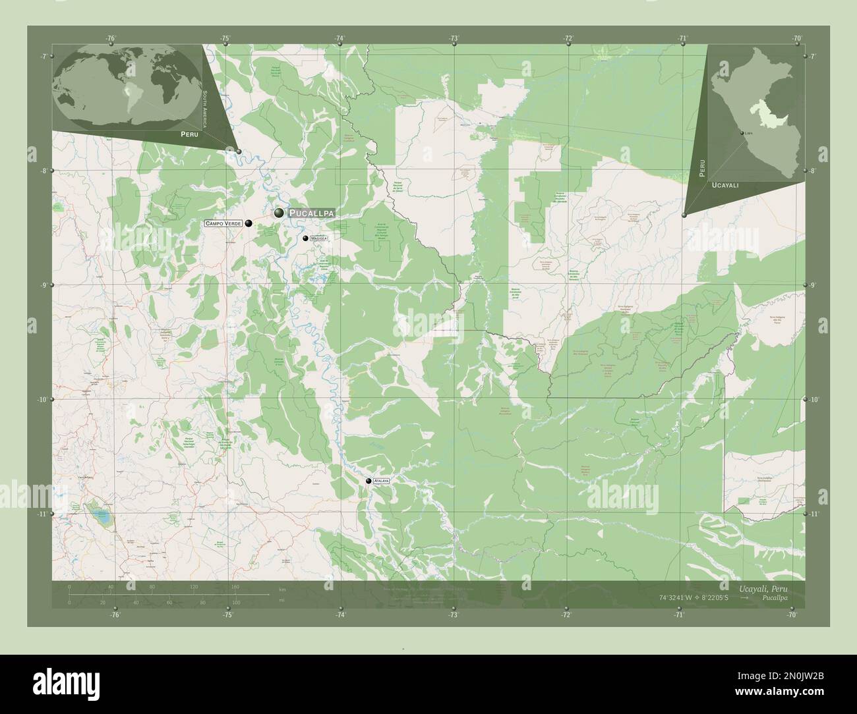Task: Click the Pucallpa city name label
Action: (312, 213)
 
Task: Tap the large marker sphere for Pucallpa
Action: (280, 213)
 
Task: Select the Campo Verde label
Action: (223, 224)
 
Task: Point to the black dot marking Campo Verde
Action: (249, 223)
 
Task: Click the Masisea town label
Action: (318, 238)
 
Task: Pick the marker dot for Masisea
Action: (305, 238)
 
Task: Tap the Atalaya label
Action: (381, 481)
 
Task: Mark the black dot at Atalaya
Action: (369, 481)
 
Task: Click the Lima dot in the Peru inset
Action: (742, 134)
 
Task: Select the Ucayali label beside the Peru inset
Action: (725, 186)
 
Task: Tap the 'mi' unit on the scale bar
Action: (281, 600)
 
